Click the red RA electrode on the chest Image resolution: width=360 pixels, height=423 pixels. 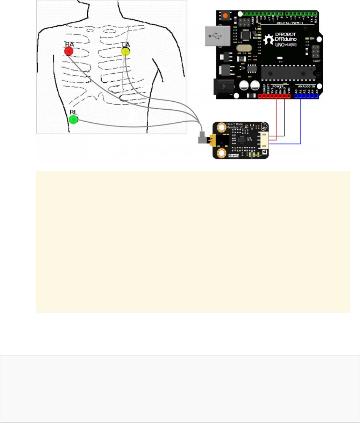coord(69,51)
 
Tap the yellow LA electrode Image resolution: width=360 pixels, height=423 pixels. coord(126,52)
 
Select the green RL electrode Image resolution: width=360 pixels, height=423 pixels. coord(74,119)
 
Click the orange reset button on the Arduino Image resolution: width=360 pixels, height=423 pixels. coord(226,16)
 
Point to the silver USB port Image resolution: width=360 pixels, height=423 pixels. coord(214,36)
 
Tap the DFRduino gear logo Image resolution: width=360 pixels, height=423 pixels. coord(269,40)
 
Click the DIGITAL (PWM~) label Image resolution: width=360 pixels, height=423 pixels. coord(290,22)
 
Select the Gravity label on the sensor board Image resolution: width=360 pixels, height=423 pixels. coord(234,155)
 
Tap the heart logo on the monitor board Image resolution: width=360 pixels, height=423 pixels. coord(263,127)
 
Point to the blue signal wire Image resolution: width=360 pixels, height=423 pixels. coord(300,123)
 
